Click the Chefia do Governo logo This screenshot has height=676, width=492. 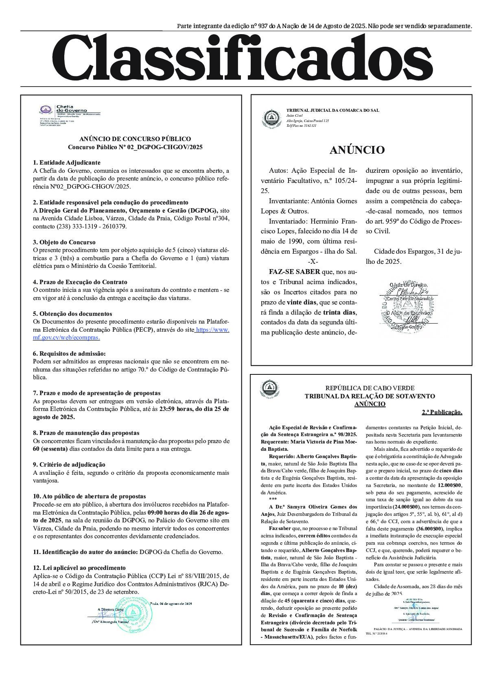[46, 110]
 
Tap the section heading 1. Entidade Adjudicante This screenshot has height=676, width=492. [66, 163]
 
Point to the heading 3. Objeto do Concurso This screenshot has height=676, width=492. [64, 242]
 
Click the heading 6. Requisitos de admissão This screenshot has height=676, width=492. [69, 354]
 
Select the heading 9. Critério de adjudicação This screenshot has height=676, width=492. [69, 465]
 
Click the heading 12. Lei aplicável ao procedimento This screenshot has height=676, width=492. [79, 568]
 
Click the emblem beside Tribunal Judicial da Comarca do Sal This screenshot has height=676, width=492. [271, 118]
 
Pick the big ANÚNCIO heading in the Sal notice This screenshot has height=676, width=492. [357, 150]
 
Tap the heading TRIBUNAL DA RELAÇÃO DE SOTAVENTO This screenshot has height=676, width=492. [370, 396]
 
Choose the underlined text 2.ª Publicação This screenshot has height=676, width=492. [442, 412]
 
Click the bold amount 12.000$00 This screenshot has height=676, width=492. [450, 485]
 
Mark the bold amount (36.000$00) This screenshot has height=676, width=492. [429, 528]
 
